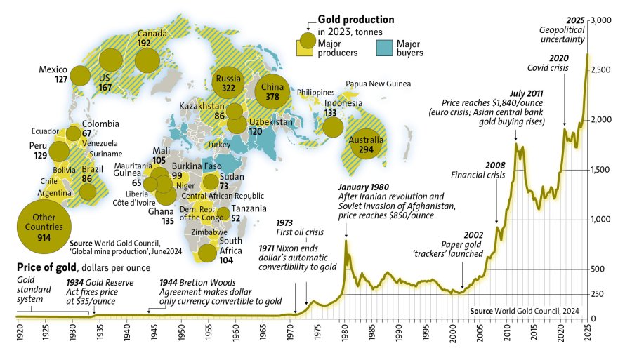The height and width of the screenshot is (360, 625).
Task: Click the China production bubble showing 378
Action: [x=271, y=93]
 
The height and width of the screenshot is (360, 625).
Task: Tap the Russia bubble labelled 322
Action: [x=228, y=84]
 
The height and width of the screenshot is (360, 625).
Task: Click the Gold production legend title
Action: [x=356, y=20]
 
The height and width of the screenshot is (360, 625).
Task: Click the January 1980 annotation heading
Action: [x=364, y=187]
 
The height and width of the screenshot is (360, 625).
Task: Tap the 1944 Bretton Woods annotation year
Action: [x=171, y=282]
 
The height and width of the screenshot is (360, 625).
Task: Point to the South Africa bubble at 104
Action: [x=208, y=253]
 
